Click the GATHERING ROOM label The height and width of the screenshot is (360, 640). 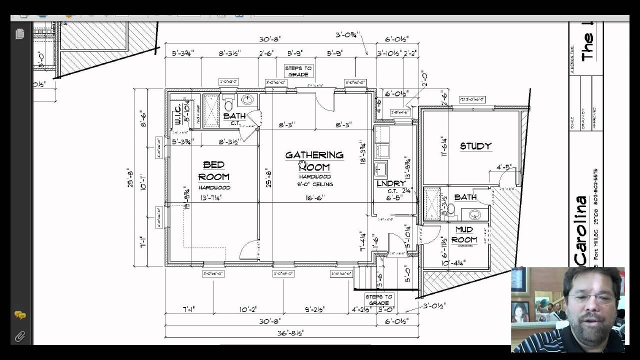[x=314, y=161]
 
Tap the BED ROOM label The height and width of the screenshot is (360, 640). [x=213, y=170]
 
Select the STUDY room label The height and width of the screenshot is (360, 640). [x=475, y=146]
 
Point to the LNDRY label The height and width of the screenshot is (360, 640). [x=391, y=184]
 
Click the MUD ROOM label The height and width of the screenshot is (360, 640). [x=464, y=234]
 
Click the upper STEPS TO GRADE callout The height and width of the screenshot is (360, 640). [x=298, y=71]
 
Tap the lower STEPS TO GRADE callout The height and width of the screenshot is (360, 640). [x=378, y=299]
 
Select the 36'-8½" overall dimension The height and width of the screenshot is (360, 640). [x=291, y=332]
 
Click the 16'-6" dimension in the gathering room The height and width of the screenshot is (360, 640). [x=314, y=197]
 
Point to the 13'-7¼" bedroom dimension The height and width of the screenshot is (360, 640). [x=210, y=197]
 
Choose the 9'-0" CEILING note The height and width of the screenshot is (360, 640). [x=314, y=184]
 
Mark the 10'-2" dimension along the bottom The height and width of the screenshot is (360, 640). [x=247, y=309]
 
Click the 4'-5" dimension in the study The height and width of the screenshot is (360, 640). [x=504, y=167]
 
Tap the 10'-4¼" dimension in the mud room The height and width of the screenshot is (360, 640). [x=453, y=262]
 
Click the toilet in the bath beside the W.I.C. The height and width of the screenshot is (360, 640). [x=228, y=105]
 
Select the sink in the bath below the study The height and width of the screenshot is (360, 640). [x=474, y=214]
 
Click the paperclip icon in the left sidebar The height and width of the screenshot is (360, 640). [x=19, y=336]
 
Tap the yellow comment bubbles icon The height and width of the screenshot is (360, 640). [x=20, y=315]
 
